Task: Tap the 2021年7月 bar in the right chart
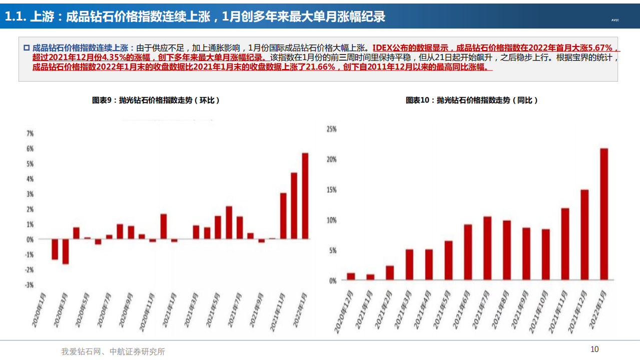tap(487, 248)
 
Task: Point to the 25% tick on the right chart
tap(331, 129)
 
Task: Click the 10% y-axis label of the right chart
tap(331, 220)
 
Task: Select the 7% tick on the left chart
tap(30, 134)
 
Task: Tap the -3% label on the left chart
tap(30, 285)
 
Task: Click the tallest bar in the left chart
tap(305, 196)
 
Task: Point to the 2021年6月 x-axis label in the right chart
tap(458, 313)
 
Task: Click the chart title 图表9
tap(156, 100)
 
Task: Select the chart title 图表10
tap(471, 100)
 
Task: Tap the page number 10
tap(594, 349)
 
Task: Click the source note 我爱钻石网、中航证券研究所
tap(113, 351)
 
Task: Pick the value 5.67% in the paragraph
tap(596, 48)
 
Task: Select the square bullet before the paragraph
tap(27, 48)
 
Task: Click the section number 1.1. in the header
tap(15, 17)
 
